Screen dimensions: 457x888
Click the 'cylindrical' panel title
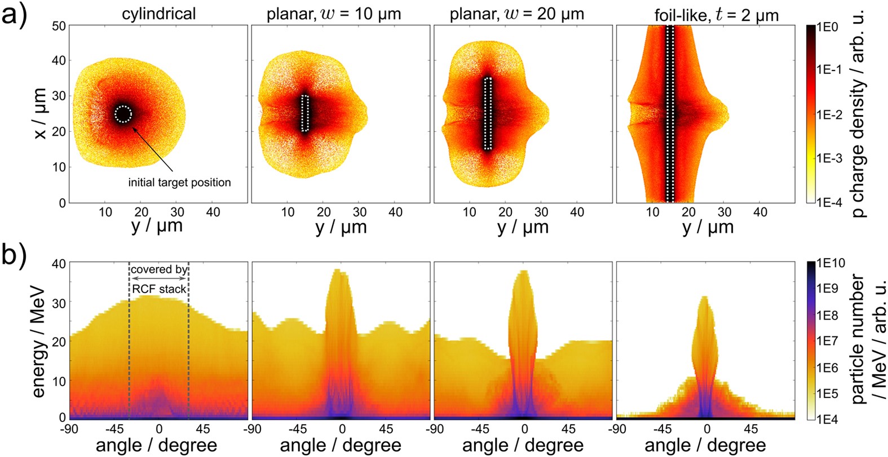pos(159,13)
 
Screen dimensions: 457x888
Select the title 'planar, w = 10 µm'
pos(334,13)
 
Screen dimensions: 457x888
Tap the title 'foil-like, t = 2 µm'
pos(716,14)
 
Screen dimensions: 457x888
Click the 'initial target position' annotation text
pos(179,183)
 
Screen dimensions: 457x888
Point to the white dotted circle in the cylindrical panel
pos(123,114)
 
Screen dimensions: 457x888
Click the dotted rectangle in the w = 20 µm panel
pos(488,113)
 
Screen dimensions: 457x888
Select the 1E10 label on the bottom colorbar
pos(831,263)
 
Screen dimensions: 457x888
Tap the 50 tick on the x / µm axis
pos(59,26)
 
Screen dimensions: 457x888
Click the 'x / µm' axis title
pos(40,113)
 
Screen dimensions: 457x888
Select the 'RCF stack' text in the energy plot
pos(159,289)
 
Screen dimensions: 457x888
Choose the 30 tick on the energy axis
pos(59,302)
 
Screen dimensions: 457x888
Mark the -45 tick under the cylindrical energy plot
pos(114,429)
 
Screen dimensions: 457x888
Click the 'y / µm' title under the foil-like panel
pos(708,227)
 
